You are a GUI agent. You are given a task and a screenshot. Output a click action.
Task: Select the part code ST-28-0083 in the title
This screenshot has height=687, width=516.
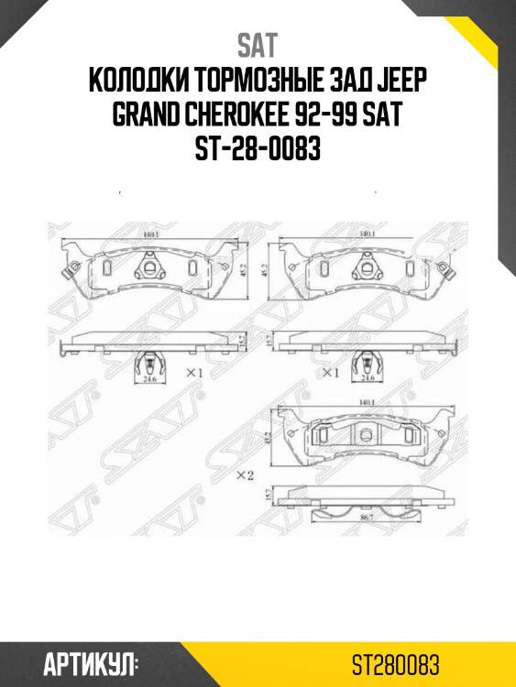point(258,147)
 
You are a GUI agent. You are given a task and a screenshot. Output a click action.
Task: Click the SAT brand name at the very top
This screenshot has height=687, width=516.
point(258,45)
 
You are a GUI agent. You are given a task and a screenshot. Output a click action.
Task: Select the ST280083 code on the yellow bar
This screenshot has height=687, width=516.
point(400,663)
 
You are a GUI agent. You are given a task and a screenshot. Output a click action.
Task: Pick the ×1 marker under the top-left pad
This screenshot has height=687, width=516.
point(192,373)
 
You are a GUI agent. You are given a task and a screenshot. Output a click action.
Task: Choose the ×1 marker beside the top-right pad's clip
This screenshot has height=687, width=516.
point(329,374)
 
